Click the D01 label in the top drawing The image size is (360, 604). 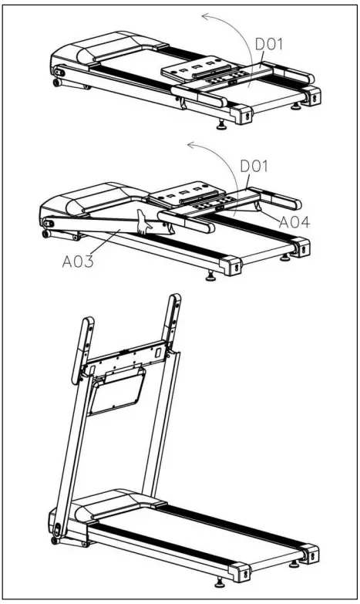[x=269, y=45]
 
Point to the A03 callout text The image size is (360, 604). [x=80, y=261]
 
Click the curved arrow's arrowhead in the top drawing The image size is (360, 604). [x=202, y=15]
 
